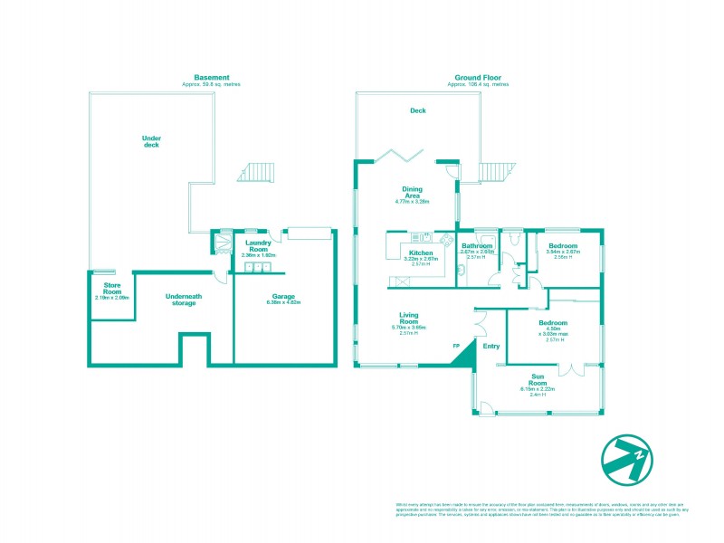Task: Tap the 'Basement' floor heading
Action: [212, 77]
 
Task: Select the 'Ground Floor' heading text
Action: [478, 77]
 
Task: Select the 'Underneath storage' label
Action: [182, 300]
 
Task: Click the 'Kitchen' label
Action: [421, 252]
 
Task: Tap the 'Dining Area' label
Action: [412, 192]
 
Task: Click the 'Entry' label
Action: [491, 346]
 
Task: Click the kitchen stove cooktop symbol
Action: [446, 239]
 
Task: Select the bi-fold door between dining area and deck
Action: [396, 155]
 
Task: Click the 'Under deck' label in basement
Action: [151, 141]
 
